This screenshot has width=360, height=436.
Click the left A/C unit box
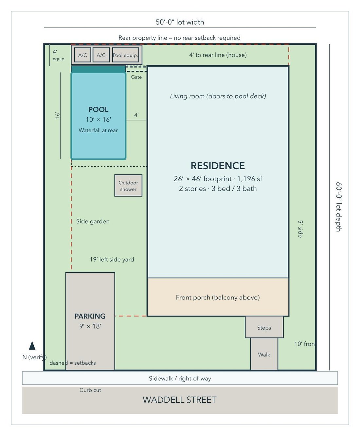tap(82, 55)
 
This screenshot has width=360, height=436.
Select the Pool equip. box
tap(125, 55)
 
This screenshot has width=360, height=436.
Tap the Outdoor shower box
tap(128, 185)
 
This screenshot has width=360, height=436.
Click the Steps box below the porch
tap(264, 327)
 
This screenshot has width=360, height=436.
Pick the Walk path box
tap(264, 354)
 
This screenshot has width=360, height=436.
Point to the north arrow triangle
tap(32, 345)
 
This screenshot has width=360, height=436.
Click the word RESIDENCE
tap(218, 166)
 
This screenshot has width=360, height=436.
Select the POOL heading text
tap(99, 109)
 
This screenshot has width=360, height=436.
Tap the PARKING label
tap(90, 316)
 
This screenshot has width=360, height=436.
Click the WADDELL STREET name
tap(180, 400)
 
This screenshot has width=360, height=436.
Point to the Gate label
tap(136, 77)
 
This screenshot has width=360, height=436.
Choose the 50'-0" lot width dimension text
tap(180, 22)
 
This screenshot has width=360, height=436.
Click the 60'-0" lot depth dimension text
tap(339, 207)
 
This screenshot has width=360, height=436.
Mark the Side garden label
tap(93, 221)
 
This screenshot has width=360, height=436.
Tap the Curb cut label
tap(90, 390)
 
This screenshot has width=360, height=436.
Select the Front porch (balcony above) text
tap(218, 297)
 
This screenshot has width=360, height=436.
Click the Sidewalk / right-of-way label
tap(180, 378)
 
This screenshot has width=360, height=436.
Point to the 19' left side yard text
tap(112, 259)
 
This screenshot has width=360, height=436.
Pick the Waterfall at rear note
tap(98, 130)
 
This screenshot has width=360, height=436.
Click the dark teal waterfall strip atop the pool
tap(99, 69)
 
